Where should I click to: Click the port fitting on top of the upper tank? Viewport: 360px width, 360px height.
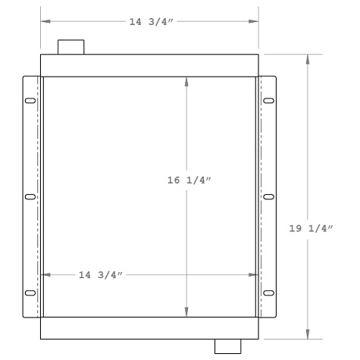point(70,47)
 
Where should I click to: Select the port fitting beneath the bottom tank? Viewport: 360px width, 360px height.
point(227,346)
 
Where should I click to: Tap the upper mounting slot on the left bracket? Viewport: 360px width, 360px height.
point(30,102)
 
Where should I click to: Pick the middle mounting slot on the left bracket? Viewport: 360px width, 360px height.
point(30,197)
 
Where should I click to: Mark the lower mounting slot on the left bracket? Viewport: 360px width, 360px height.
point(30,293)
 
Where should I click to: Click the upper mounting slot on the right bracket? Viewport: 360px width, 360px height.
point(268,102)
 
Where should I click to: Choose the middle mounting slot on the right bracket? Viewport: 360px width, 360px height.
point(268,197)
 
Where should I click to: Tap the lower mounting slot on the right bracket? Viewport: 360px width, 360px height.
point(268,293)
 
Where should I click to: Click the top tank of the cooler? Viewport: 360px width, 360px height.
point(149,65)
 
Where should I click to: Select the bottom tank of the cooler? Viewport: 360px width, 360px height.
point(149,329)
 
